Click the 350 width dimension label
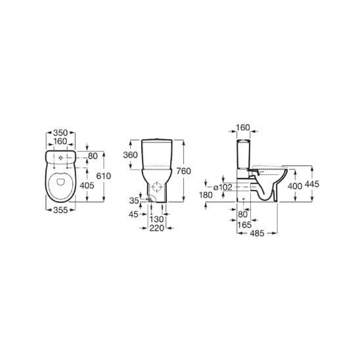point(60,133)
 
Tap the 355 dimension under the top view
point(60,210)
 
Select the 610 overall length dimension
point(104,176)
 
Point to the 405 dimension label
point(87,185)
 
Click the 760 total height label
point(183,171)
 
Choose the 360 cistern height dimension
point(131,155)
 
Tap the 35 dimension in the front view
point(134,200)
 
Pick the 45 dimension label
point(133,214)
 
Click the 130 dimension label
point(156,219)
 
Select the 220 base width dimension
point(157,228)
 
